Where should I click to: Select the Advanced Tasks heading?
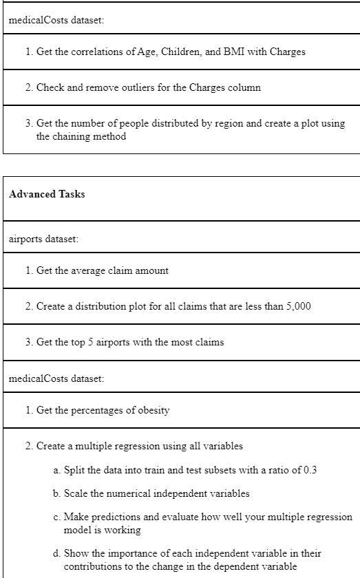[x=47, y=194]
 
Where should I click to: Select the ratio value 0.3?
[x=309, y=471]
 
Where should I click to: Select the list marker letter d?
[x=56, y=553]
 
